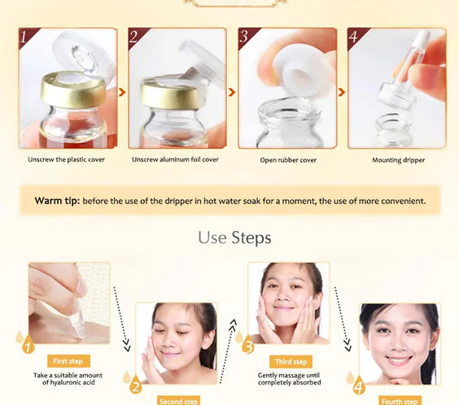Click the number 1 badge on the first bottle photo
(x=25, y=37)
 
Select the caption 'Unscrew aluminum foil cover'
(x=175, y=160)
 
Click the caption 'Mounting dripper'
(x=398, y=160)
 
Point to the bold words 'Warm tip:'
(x=57, y=200)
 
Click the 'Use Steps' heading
(x=234, y=238)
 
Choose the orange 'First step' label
(x=68, y=361)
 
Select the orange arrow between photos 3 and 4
(x=341, y=92)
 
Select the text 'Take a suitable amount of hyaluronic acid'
(x=68, y=378)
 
